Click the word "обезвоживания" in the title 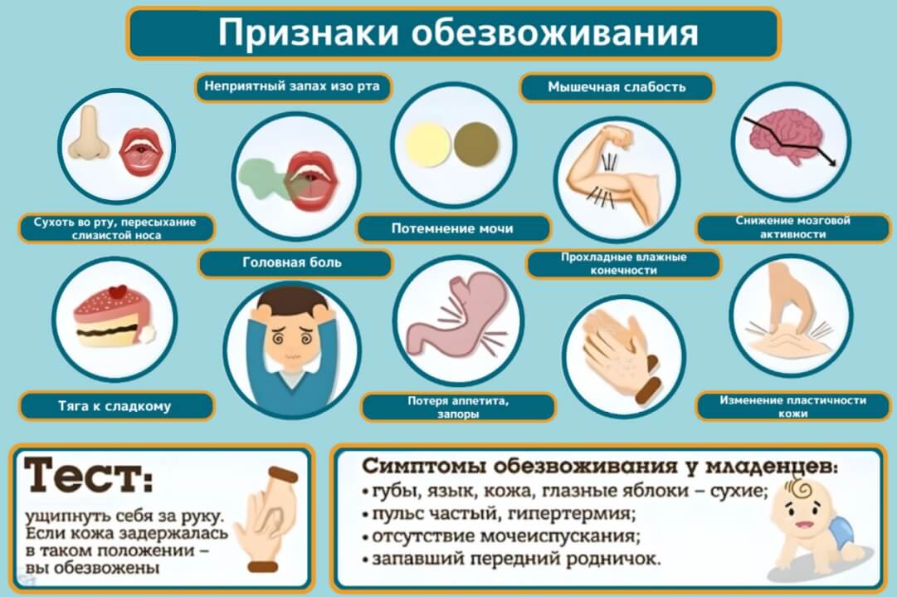click(x=554, y=32)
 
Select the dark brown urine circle click(x=476, y=144)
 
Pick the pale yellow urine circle click(x=428, y=144)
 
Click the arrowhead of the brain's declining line click(x=831, y=162)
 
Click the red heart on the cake click(x=119, y=291)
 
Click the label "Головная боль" click(x=292, y=262)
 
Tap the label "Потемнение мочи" click(x=452, y=228)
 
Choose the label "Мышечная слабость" click(x=617, y=87)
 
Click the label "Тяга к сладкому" click(x=115, y=406)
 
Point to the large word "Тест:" click(x=90, y=474)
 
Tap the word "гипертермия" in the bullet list click(x=572, y=513)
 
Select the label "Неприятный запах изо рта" click(x=292, y=87)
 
